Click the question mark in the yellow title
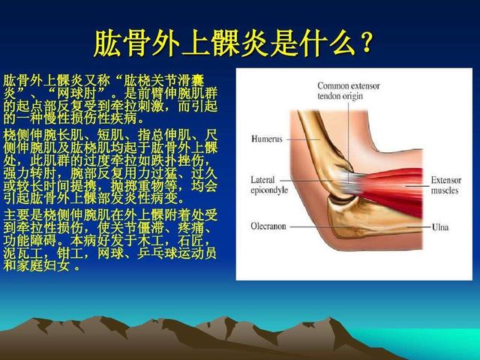pos(366,43)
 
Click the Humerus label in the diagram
pos(267,139)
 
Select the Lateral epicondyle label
pos(269,185)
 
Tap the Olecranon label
pos(268,226)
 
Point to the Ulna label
pos(440,227)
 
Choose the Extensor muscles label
pos(445,185)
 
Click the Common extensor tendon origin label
pos(348,91)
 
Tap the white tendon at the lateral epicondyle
pos(347,183)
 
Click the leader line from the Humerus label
pos(303,139)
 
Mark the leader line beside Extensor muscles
pos(417,185)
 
